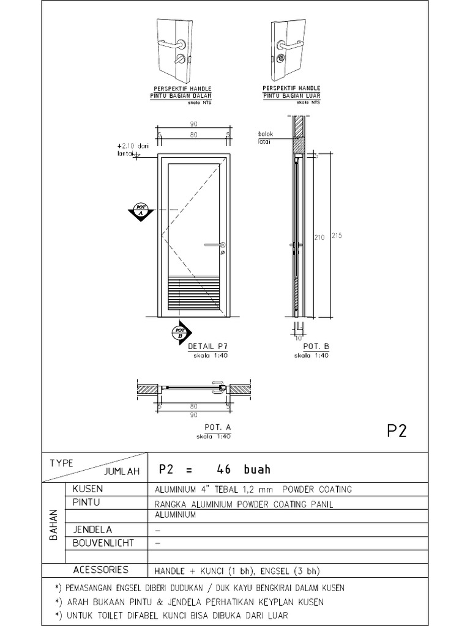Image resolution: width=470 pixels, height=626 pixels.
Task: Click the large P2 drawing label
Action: tap(397, 431)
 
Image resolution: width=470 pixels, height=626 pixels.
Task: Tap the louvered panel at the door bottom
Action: tap(193, 293)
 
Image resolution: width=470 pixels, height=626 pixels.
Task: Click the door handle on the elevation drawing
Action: tap(214, 245)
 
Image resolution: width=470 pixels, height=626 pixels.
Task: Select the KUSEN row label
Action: tap(88, 490)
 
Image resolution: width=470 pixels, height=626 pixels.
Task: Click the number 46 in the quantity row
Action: tap(227, 469)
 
